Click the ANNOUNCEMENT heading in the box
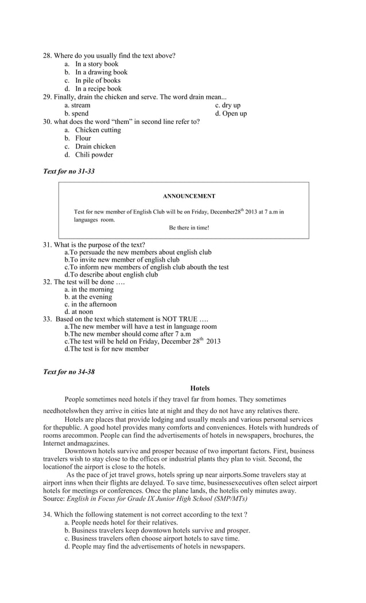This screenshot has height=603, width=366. click(x=189, y=196)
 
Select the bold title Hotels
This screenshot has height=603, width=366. click(x=200, y=388)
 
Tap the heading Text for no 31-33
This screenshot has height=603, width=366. click(x=69, y=171)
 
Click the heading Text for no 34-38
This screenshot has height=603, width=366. click(x=69, y=372)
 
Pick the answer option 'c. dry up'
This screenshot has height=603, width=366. click(x=228, y=106)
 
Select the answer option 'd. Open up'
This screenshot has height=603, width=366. click(x=231, y=114)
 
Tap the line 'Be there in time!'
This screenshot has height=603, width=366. click(x=189, y=228)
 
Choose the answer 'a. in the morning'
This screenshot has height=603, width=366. click(x=89, y=290)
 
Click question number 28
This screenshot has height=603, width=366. click(x=48, y=56)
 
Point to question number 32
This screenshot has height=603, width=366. click(x=48, y=282)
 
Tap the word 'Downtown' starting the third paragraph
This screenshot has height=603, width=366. click(x=81, y=451)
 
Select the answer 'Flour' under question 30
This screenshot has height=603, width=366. click(x=83, y=138)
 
